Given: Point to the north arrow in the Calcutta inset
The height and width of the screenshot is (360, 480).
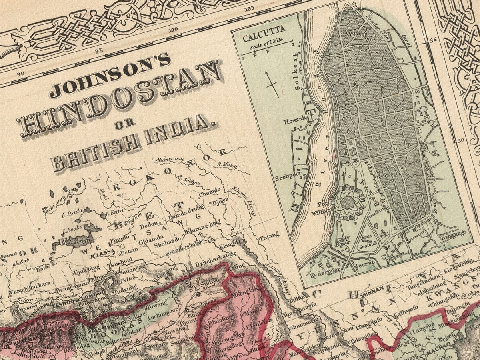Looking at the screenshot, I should point(272,84).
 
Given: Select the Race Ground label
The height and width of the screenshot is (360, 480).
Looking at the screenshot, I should point(366,239).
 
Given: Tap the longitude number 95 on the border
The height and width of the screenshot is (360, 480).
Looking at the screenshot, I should point(99,50).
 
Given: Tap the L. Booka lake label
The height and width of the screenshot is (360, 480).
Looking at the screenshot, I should point(72,229).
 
